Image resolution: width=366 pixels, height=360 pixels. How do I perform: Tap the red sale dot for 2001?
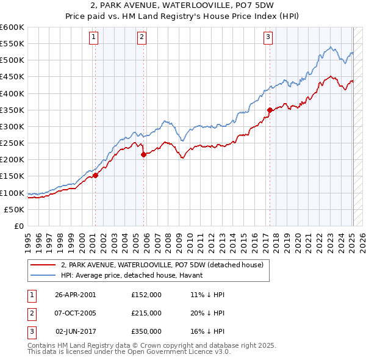[95, 176]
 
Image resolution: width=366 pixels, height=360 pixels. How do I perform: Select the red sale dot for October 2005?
[144, 155]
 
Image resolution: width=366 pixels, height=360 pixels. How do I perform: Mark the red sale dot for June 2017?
[270, 110]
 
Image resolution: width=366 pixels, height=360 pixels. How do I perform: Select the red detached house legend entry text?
[162, 265]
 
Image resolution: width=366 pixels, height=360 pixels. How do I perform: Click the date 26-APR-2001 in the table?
[75, 294]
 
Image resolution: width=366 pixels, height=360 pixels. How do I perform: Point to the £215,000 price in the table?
[146, 313]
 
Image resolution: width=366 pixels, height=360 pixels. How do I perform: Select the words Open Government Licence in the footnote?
[177, 352]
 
